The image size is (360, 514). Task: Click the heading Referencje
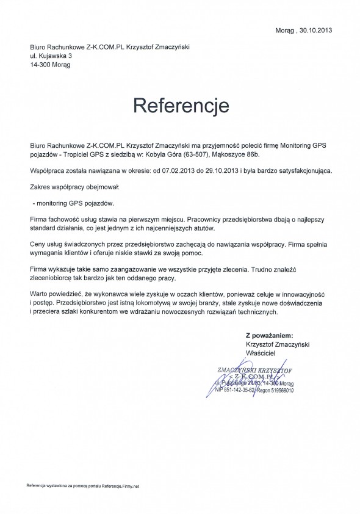coord(181,105)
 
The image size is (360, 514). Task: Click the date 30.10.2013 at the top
coord(312,30)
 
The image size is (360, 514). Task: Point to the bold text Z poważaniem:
coord(269,335)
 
